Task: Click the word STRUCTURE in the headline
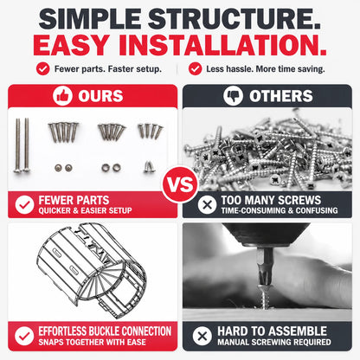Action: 234,18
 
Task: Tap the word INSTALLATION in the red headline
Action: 222,45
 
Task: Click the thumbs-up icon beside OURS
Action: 62,95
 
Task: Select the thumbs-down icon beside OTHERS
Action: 233,95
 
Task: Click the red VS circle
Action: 180,184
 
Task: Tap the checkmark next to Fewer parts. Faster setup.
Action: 43,69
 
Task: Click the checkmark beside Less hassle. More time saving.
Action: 196,69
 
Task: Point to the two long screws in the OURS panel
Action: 22,145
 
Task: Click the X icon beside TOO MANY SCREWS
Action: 207,205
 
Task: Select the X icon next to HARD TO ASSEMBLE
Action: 202,336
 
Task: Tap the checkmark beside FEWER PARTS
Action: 24,205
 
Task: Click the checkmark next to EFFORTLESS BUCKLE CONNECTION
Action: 24,336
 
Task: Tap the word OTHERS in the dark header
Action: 281,96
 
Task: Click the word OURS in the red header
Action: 100,96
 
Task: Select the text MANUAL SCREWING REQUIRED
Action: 274,342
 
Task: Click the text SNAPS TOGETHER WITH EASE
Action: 92,342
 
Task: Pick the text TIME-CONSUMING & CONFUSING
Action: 280,210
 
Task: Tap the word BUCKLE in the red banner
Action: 107,331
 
